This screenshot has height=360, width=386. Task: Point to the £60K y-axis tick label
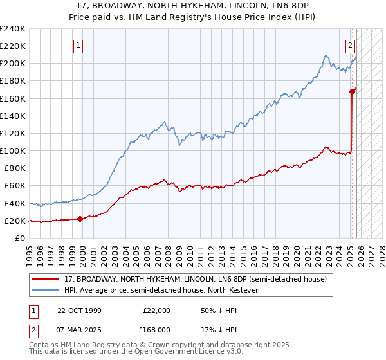point(14,186)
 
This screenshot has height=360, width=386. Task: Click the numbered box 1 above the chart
point(78,46)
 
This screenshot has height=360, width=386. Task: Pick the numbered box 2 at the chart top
point(351,46)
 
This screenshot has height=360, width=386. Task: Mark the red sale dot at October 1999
point(80,219)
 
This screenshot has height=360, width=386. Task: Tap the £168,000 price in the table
point(156,329)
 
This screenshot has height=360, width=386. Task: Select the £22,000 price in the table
point(156,310)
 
